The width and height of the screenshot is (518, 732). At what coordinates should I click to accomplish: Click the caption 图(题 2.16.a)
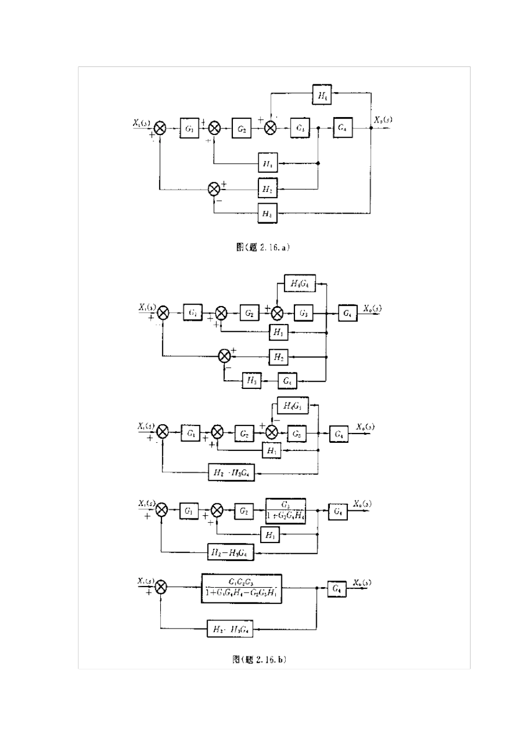[262, 247]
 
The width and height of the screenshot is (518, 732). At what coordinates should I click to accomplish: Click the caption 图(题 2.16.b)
[260, 660]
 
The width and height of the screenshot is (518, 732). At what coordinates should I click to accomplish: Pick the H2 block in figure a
[267, 188]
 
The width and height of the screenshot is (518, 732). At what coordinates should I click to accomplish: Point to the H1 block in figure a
[268, 162]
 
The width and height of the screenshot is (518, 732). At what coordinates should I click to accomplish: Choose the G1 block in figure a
[189, 129]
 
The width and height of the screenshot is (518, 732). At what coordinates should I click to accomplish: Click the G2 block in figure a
[242, 129]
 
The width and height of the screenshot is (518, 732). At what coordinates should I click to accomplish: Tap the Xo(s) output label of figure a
[383, 120]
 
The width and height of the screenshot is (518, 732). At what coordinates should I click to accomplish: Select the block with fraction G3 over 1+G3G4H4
[286, 510]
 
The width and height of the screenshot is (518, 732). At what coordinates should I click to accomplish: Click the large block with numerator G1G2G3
[242, 588]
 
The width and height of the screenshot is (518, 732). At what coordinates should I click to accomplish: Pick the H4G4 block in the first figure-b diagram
[300, 284]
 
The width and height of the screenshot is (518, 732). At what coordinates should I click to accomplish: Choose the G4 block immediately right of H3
[287, 380]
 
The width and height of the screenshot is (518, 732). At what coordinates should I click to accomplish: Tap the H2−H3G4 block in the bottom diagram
[230, 630]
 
